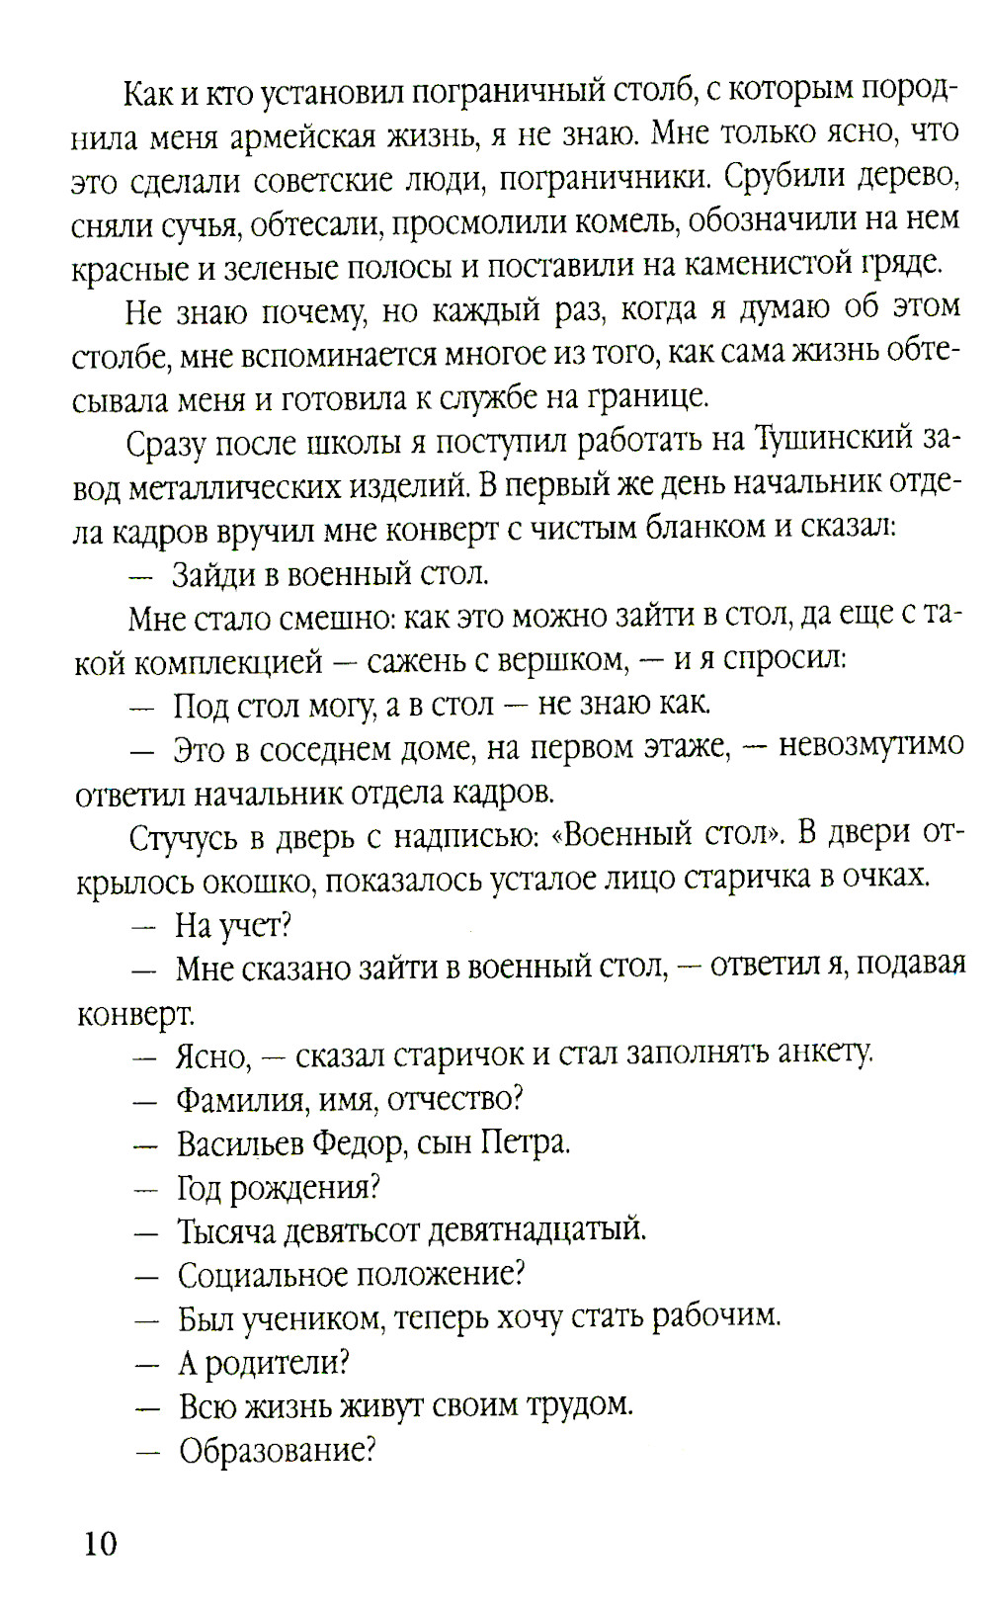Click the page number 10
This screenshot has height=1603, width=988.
pos(100,1543)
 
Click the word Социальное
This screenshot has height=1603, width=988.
pos(260,1274)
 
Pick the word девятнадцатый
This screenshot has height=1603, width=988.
pos(535,1230)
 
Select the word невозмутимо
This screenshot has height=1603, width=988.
pos(870,744)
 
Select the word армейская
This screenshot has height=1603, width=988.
pos(302,134)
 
